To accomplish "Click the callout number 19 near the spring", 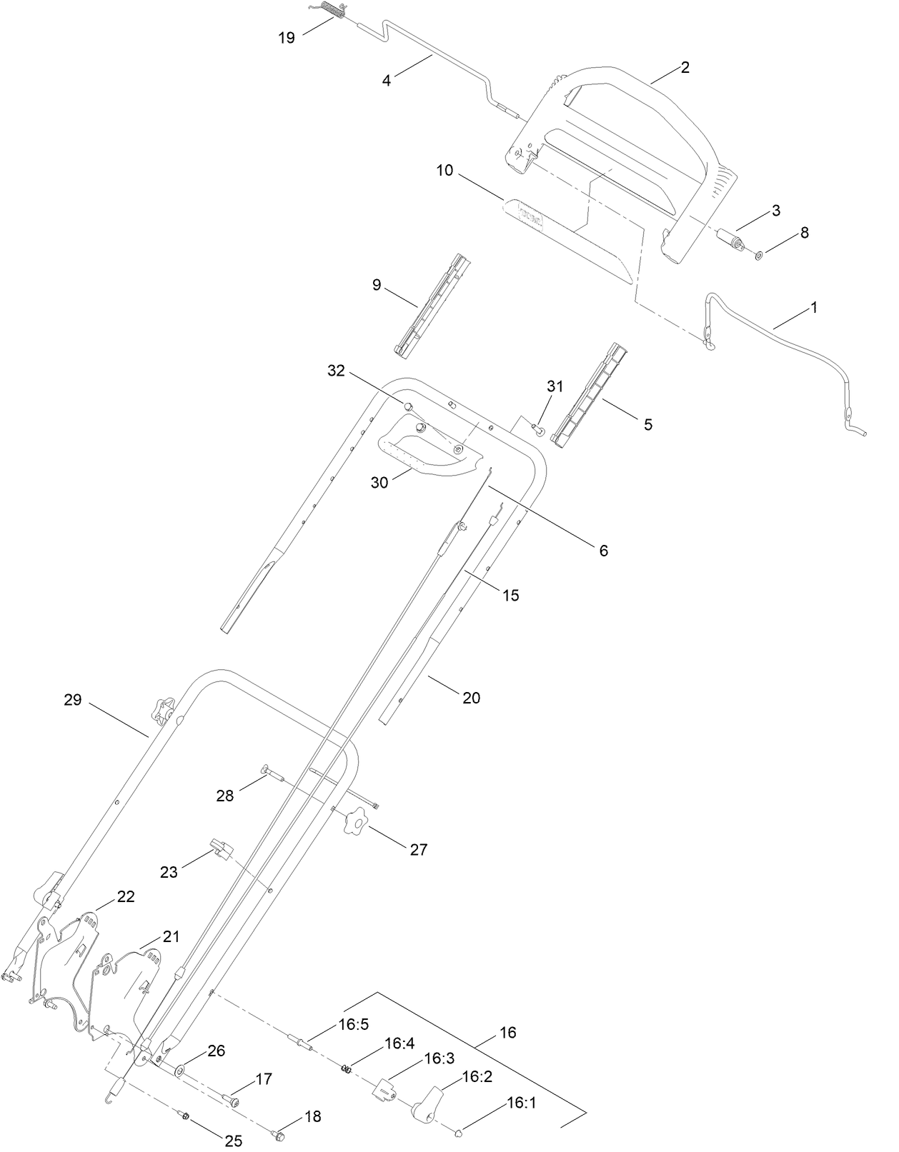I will click(287, 38).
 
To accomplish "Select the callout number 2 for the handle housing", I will click(685, 68).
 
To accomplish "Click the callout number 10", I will click(444, 171).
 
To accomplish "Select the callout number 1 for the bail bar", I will click(813, 308).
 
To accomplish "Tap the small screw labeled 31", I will click(540, 429).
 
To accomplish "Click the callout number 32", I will click(336, 371).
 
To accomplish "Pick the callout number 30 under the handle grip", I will click(379, 482).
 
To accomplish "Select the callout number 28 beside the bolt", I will click(225, 795).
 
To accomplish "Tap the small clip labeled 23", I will click(221, 849).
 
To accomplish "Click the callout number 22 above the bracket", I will click(126, 897).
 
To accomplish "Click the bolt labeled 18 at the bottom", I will click(279, 1132).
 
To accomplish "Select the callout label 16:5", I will click(354, 1024).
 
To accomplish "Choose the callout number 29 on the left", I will click(73, 700).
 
